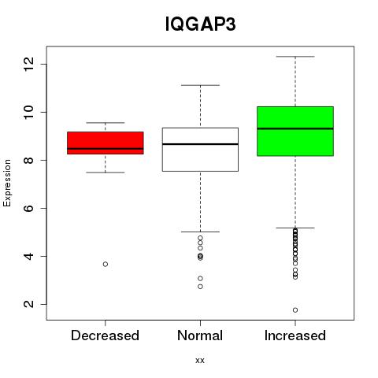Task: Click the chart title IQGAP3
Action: click(x=200, y=24)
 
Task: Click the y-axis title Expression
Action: click(x=7, y=183)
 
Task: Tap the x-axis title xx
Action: click(x=200, y=361)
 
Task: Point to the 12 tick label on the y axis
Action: click(x=29, y=64)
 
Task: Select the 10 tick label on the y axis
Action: click(x=29, y=112)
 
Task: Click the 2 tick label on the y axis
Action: click(x=29, y=304)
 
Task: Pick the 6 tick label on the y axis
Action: click(x=29, y=208)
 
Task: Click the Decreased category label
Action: click(x=105, y=335)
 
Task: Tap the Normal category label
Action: click(x=200, y=335)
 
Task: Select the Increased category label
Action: click(x=295, y=335)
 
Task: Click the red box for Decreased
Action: click(x=106, y=143)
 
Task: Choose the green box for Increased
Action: click(x=295, y=132)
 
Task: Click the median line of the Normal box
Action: click(x=200, y=144)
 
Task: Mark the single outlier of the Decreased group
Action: click(x=106, y=264)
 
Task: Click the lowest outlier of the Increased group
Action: click(x=295, y=310)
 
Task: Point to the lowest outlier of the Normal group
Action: click(x=200, y=287)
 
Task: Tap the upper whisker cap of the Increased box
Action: click(x=295, y=57)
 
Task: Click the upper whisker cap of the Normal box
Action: click(x=200, y=85)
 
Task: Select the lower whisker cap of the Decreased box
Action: click(x=106, y=172)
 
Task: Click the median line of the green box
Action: click(x=295, y=128)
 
